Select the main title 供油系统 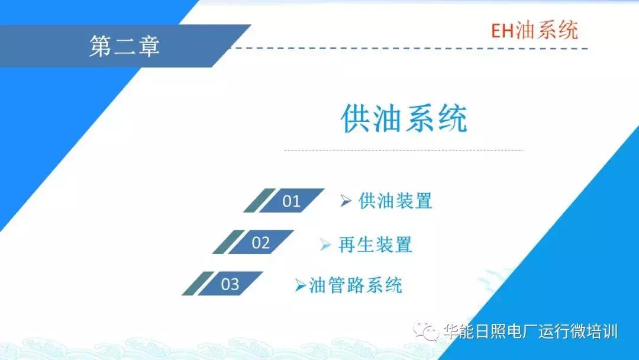tap(404, 119)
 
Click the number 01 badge tap(291, 201)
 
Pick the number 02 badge tap(260, 242)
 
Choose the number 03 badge tap(230, 284)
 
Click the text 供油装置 tap(395, 201)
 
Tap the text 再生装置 tap(375, 244)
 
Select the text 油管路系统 tap(356, 285)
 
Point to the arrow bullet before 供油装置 tap(346, 201)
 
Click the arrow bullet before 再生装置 tap(325, 244)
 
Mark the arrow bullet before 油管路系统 tap(301, 285)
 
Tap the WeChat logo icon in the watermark tap(426, 330)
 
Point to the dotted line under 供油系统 tap(404, 150)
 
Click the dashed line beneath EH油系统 tap(414, 48)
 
